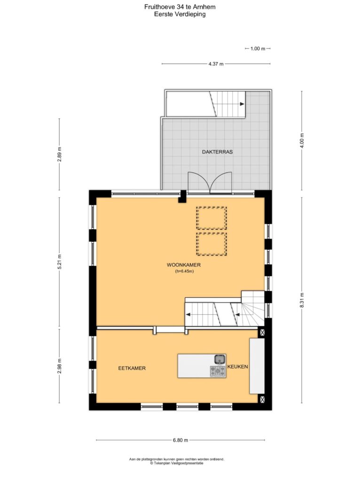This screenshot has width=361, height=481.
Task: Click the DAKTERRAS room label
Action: pyautogui.click(x=217, y=152)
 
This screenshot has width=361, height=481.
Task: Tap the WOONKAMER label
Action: pyautogui.click(x=184, y=265)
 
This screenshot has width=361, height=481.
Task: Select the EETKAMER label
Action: pyautogui.click(x=132, y=368)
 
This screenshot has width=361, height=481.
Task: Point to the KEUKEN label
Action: pyautogui.click(x=237, y=366)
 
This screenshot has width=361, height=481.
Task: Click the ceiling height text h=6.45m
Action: pyautogui.click(x=184, y=271)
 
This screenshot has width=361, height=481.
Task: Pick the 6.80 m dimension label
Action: pyautogui.click(x=180, y=440)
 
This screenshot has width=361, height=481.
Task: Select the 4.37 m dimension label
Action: pyautogui.click(x=216, y=64)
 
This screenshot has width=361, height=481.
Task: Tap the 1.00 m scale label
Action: pyautogui.click(x=258, y=48)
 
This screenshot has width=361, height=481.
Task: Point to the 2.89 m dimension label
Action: pyautogui.click(x=59, y=154)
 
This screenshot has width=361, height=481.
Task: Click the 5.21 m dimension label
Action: pyautogui.click(x=59, y=262)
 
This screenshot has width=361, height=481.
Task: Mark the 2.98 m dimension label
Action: pyautogui.click(x=59, y=366)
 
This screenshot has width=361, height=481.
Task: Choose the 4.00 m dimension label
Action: pyautogui.click(x=302, y=141)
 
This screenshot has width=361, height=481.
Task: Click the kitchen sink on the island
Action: pyautogui.click(x=220, y=358)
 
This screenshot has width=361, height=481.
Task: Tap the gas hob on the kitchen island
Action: pyautogui.click(x=218, y=372)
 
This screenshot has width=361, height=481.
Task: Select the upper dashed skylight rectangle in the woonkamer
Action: pyautogui.click(x=212, y=218)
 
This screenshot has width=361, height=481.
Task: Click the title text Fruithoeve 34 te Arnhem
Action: pyautogui.click(x=180, y=7)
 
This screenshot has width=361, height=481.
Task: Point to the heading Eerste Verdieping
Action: pyautogui.click(x=180, y=14)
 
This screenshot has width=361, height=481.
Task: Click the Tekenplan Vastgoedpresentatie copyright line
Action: pyautogui.click(x=177, y=463)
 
